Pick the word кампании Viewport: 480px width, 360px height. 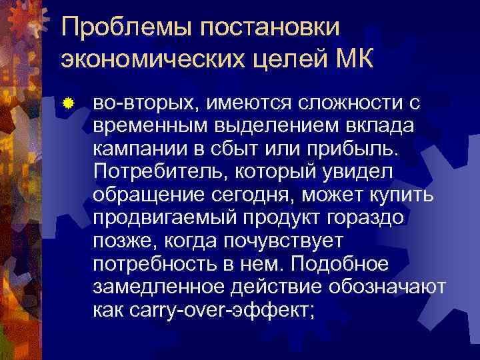click(x=139, y=149)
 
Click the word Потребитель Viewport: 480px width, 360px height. click(x=159, y=173)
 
